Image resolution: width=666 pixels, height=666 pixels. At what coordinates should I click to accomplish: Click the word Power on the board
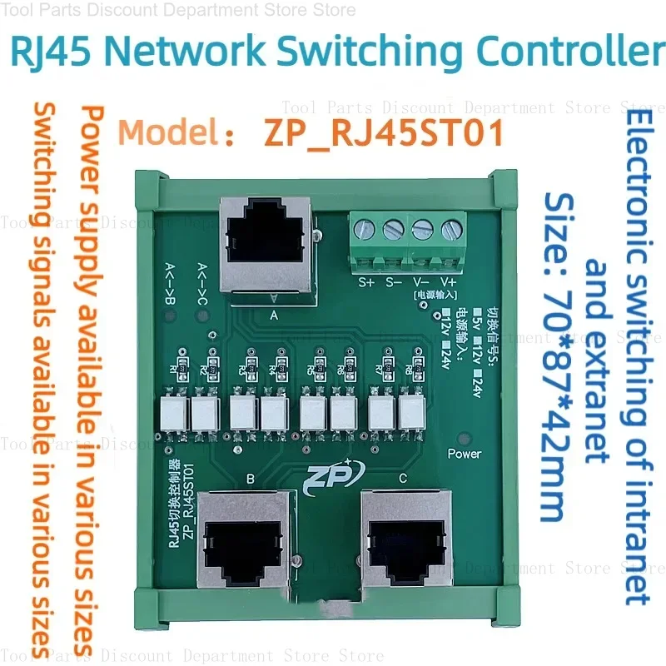point(464,454)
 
